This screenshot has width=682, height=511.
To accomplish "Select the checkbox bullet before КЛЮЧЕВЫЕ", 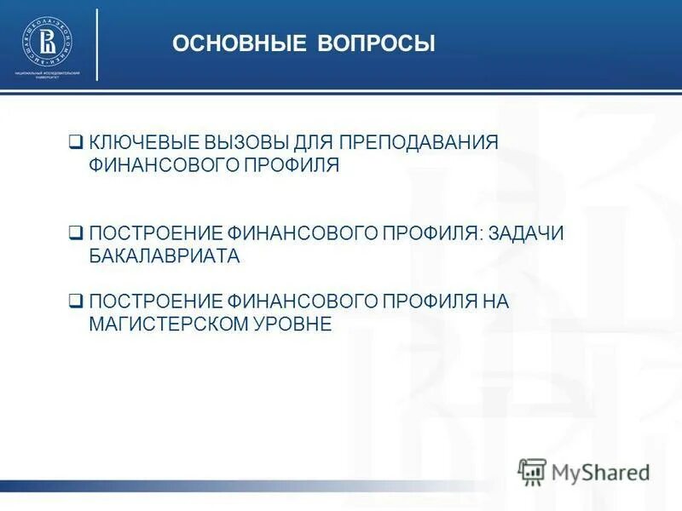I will click(76, 142).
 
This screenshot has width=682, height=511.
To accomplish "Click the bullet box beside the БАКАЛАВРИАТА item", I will click(76, 233).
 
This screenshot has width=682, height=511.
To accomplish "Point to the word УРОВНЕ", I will click(291, 324).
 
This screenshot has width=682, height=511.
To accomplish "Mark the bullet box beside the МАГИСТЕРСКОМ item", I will click(76, 301).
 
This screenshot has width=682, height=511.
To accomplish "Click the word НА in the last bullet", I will click(496, 301).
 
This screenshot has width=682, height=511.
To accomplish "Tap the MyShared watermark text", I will click(600, 471).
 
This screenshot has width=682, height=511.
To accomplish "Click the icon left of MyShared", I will click(532, 471).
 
